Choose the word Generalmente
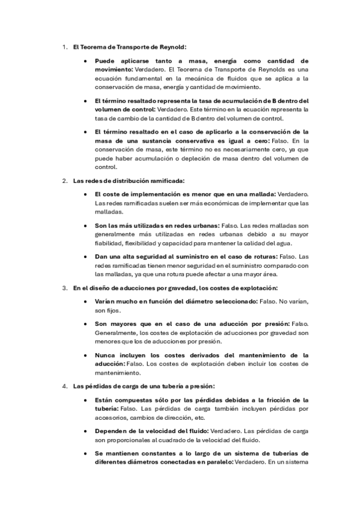116,333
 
